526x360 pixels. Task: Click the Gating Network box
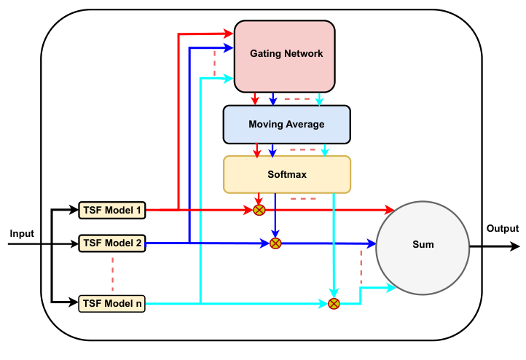(285, 55)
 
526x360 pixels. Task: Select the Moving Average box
(286, 124)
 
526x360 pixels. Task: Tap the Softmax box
(286, 175)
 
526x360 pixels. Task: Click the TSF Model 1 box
(112, 211)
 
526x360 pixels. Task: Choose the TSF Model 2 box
(112, 243)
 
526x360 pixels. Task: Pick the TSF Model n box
(112, 302)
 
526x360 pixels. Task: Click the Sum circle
(422, 245)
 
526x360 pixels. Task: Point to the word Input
(22, 233)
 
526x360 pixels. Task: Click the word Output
(502, 229)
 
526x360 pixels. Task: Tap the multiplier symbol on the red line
(259, 211)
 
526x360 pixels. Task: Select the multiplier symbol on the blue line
(275, 243)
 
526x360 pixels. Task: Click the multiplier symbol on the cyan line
(334, 303)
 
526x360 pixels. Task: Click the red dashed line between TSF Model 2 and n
(112, 272)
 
